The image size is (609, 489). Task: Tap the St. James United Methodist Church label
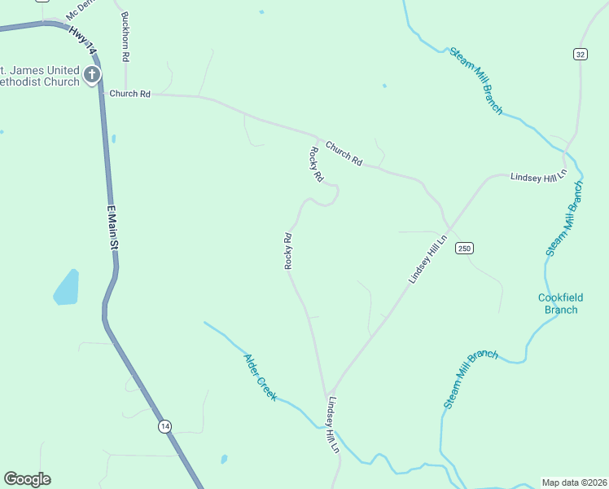tap(41, 76)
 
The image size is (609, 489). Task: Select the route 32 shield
tap(580, 54)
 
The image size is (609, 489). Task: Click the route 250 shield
tap(464, 248)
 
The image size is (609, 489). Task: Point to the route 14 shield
tap(164, 426)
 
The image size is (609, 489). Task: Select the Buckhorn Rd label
tap(125, 37)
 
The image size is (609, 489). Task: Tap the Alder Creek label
tap(261, 377)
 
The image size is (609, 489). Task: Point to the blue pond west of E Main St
tap(67, 287)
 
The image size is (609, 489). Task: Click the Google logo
tap(27, 479)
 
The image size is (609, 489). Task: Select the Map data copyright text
tap(574, 482)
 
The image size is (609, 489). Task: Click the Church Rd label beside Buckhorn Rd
tap(130, 95)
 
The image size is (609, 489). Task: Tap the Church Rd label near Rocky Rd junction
tap(344, 154)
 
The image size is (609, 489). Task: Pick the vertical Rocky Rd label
tap(287, 251)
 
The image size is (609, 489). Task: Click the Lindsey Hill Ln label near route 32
tap(537, 177)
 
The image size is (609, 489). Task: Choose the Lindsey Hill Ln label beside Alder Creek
tap(332, 425)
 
